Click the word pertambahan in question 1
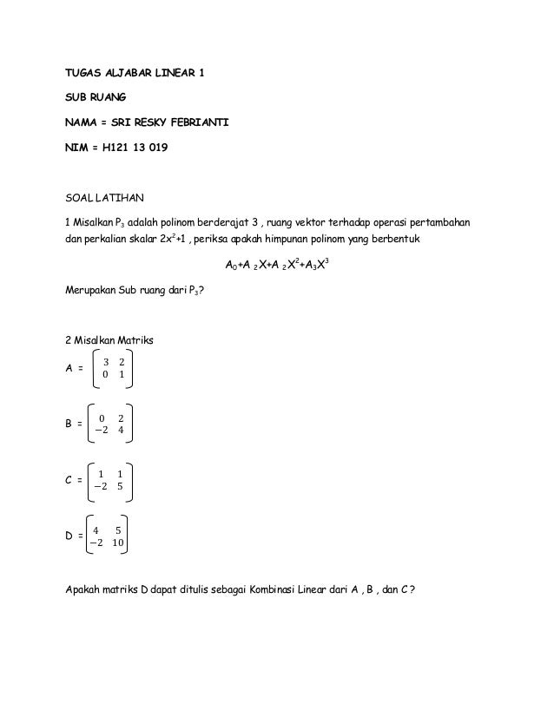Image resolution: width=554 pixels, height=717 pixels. pyautogui.click(x=439, y=223)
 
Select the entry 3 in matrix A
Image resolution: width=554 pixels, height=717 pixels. pyautogui.click(x=105, y=361)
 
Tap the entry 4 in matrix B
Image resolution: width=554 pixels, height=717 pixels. pyautogui.click(x=120, y=430)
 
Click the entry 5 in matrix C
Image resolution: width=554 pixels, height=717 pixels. pyautogui.click(x=120, y=487)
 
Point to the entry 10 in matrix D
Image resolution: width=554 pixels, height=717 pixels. pyautogui.click(x=120, y=543)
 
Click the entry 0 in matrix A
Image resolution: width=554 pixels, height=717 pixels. pyautogui.click(x=105, y=375)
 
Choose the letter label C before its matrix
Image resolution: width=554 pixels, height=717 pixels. pyautogui.click(x=69, y=479)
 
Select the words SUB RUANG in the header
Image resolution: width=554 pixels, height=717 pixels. pyautogui.click(x=97, y=97)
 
